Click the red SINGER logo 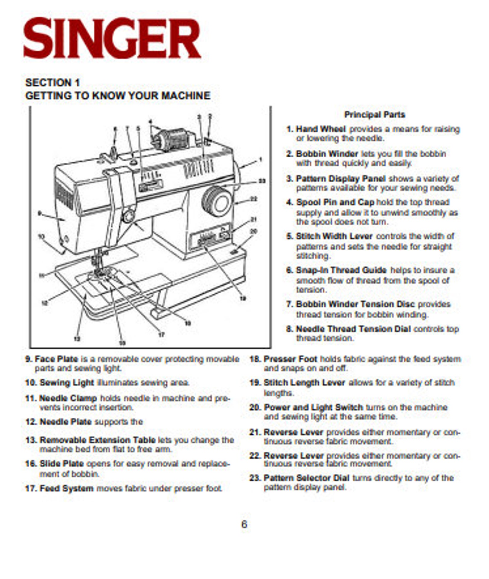point(112,38)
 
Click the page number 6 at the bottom point(244,524)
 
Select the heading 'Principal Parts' point(374,115)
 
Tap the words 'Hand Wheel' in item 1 point(321,129)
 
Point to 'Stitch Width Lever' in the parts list point(334,236)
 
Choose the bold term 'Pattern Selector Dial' point(306,478)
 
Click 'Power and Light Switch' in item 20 point(313,407)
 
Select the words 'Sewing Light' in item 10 point(67,383)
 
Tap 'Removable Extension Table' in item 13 point(98,440)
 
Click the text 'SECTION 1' point(53,82)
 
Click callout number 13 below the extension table point(77,339)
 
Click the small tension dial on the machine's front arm point(129,216)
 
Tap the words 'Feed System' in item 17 point(67,488)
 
